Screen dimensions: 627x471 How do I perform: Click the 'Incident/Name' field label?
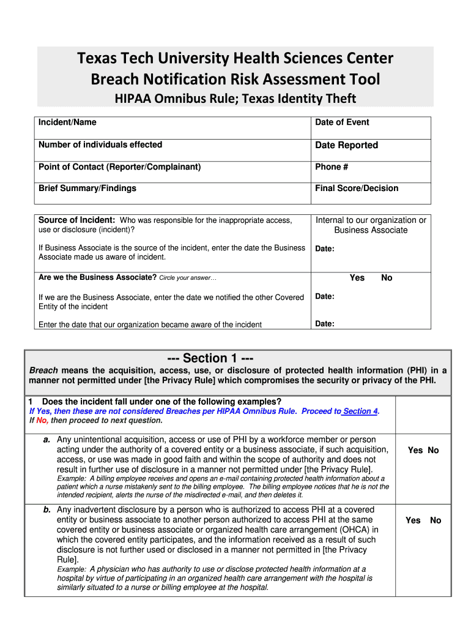(67, 122)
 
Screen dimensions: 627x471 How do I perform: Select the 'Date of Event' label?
(342, 122)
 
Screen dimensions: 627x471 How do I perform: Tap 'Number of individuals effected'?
(100, 145)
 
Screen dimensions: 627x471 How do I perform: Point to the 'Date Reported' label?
(346, 145)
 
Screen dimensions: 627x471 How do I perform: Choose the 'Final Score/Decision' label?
(356, 188)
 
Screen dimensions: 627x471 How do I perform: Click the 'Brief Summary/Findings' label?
(87, 188)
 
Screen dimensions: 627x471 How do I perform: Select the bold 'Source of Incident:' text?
(77, 220)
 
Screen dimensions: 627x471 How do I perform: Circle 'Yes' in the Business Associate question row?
(357, 278)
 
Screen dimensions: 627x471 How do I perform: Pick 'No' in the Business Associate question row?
(387, 278)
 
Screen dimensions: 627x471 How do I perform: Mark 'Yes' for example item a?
(415, 450)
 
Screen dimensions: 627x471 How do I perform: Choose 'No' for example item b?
(436, 520)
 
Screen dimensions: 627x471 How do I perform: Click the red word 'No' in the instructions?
(42, 421)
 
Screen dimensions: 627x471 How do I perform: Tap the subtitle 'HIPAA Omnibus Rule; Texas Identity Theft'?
(236, 99)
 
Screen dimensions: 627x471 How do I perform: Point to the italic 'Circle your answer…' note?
(188, 278)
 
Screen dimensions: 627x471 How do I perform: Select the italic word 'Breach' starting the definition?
(44, 370)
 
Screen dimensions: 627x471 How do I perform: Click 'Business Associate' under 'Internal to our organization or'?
(370, 230)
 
